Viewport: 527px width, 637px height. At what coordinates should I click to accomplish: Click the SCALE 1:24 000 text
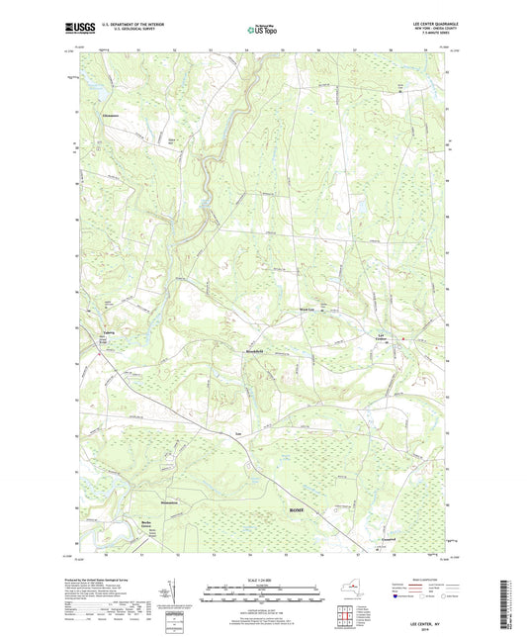[263, 581]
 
